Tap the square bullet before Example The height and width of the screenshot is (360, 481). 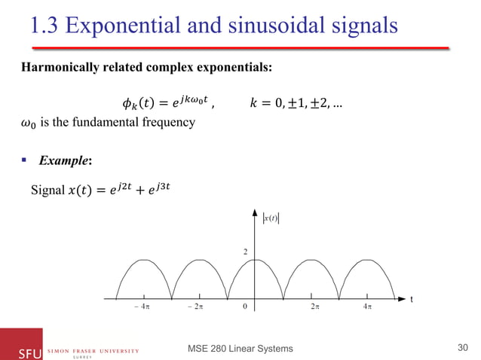click(x=27, y=160)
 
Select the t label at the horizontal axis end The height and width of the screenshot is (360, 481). click(x=411, y=299)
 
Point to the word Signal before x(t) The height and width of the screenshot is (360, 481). click(x=45, y=188)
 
